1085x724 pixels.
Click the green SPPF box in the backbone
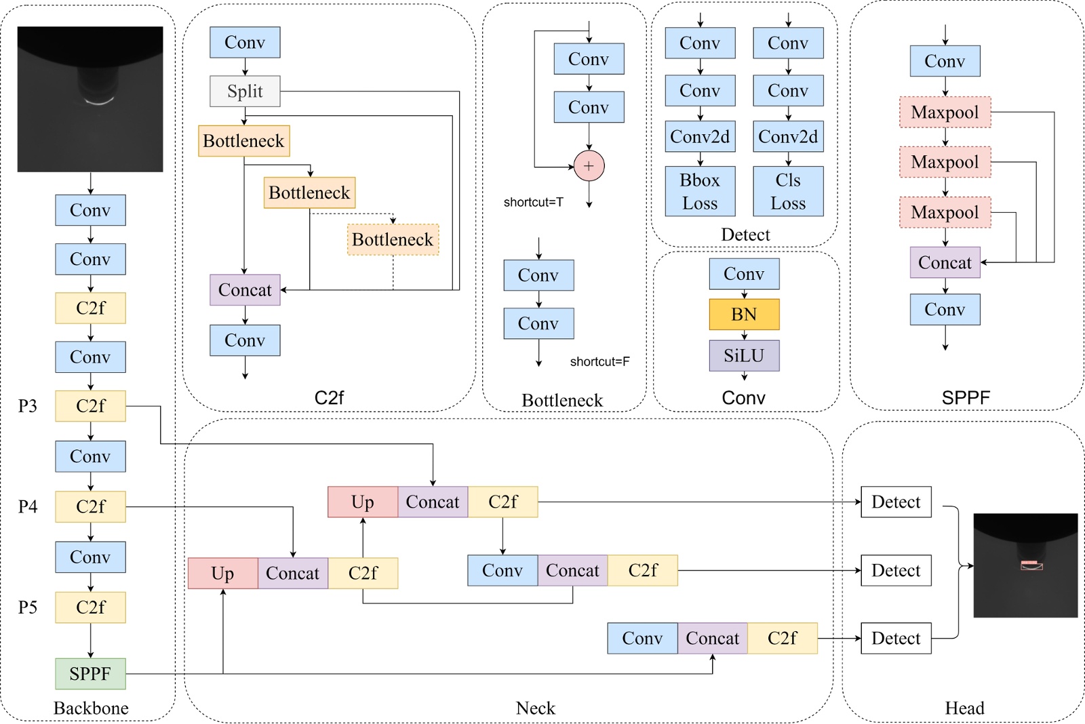(x=90, y=673)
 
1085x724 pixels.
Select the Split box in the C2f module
(x=245, y=91)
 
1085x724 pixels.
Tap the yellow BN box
(x=744, y=315)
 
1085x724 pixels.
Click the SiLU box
(x=744, y=355)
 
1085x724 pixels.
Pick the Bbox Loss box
(x=700, y=191)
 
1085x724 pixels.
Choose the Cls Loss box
(x=788, y=191)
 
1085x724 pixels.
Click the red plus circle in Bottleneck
(x=589, y=166)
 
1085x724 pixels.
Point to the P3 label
(x=28, y=406)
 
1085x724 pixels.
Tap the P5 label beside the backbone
(x=28, y=607)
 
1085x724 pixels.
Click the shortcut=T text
(x=533, y=202)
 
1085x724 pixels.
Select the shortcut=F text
(x=599, y=361)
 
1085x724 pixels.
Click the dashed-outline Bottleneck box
(x=393, y=239)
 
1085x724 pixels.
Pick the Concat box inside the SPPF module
(x=945, y=262)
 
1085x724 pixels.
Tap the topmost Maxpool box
(x=945, y=112)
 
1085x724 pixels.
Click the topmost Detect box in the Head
(x=896, y=502)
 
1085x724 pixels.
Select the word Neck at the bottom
(x=535, y=708)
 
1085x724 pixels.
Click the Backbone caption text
(x=91, y=708)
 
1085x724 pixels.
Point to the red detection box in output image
(x=1031, y=563)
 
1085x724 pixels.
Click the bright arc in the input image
(x=99, y=102)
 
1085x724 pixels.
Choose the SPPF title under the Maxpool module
(x=966, y=397)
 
